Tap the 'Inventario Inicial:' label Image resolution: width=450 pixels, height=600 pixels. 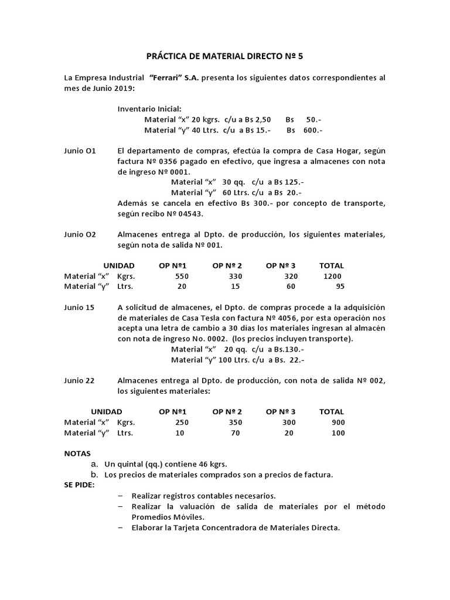pos(149,109)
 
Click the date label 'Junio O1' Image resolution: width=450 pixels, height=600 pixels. pos(80,151)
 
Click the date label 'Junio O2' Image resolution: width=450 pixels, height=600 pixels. pos(80,234)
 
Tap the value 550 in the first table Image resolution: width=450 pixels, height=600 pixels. pos(182,276)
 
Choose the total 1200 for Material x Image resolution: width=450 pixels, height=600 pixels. pos(332,276)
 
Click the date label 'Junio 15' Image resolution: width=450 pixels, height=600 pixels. pos(79,307)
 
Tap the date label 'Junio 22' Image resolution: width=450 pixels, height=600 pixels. pos(79,380)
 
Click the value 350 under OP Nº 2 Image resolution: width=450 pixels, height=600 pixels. pos(235,422)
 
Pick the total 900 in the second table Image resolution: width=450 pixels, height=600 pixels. pos(337,422)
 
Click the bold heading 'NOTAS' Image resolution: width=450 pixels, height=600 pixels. pos(77,454)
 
